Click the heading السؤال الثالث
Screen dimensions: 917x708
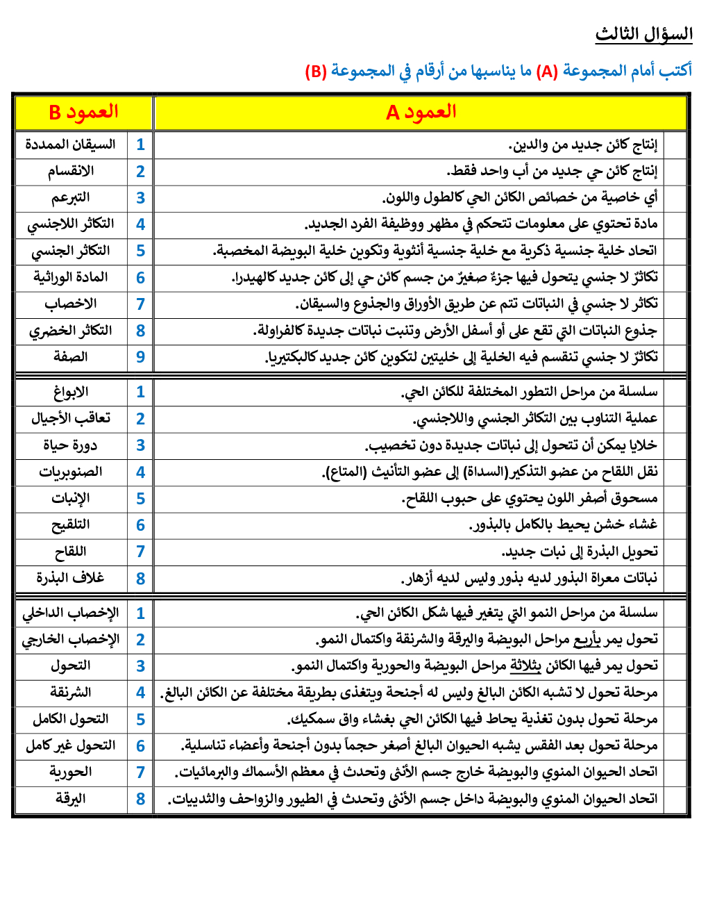pos(643,34)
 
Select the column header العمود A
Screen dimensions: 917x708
pos(421,112)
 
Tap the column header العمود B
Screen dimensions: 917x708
pos(83,112)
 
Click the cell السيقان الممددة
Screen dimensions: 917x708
pos(71,144)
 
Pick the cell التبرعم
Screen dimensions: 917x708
pos(71,197)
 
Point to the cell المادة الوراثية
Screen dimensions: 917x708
pos(71,277)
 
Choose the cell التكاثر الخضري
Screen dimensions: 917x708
pos(71,330)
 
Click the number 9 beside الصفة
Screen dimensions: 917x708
pos(140,357)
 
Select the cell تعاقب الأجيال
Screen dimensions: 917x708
pos(71,418)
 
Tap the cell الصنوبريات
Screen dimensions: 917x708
pos(71,472)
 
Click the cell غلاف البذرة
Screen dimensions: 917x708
pos(71,578)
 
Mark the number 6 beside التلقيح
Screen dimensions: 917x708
pos(140,525)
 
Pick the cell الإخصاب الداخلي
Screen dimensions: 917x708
pos(71,613)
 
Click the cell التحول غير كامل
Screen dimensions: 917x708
pos(71,745)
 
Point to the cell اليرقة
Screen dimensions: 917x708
pos(71,799)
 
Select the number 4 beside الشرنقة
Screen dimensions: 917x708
pos(140,693)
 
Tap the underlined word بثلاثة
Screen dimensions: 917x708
pos(525,666)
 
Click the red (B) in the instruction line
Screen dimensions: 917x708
pos(316,71)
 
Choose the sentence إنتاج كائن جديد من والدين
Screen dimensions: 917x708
pos(583,144)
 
